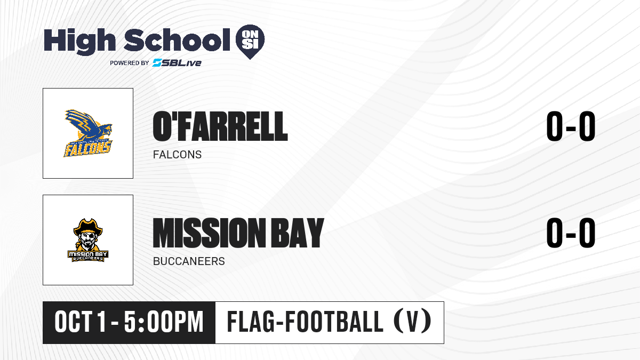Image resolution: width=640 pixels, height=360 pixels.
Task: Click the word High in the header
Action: tap(79, 42)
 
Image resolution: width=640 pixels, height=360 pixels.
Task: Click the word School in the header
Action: tap(177, 40)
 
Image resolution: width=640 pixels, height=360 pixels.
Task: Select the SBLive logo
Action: tap(177, 62)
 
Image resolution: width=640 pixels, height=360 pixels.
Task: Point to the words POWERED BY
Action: tap(130, 63)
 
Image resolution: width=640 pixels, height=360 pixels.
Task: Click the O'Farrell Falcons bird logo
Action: tap(88, 133)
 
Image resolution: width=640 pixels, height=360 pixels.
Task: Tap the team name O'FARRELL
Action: tap(220, 126)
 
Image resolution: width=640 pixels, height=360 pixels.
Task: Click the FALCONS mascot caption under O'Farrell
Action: tap(177, 155)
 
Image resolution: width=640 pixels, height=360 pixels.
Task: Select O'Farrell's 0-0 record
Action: tap(571, 126)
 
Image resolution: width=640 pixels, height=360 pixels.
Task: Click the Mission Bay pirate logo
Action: tap(88, 240)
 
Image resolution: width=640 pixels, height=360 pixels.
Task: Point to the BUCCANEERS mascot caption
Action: tap(189, 261)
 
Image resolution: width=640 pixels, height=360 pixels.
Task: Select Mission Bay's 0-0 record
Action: tap(571, 233)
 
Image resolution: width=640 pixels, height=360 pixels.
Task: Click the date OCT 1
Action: tap(81, 322)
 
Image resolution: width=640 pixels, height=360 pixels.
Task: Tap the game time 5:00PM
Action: tap(164, 322)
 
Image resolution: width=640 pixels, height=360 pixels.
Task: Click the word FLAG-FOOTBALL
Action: tap(305, 322)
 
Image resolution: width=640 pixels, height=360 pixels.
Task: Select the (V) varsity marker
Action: tap(412, 322)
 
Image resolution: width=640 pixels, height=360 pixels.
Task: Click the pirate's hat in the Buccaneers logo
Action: tap(88, 227)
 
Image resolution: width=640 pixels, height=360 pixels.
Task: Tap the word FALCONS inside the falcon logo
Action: tap(87, 149)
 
